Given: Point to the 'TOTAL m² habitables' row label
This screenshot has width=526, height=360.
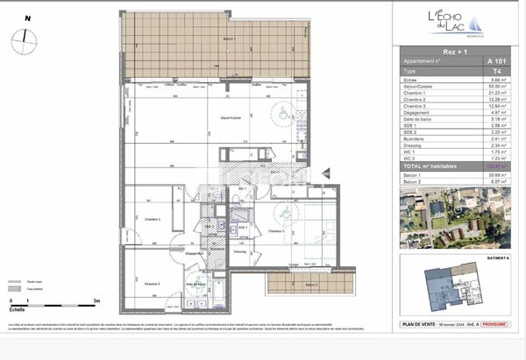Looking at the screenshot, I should tap(424, 165).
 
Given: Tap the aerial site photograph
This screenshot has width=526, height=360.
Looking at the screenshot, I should tap(445, 218).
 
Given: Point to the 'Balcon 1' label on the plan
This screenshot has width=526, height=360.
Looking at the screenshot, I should tap(205, 39).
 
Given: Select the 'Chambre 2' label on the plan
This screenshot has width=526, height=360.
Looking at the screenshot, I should tap(152, 283).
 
